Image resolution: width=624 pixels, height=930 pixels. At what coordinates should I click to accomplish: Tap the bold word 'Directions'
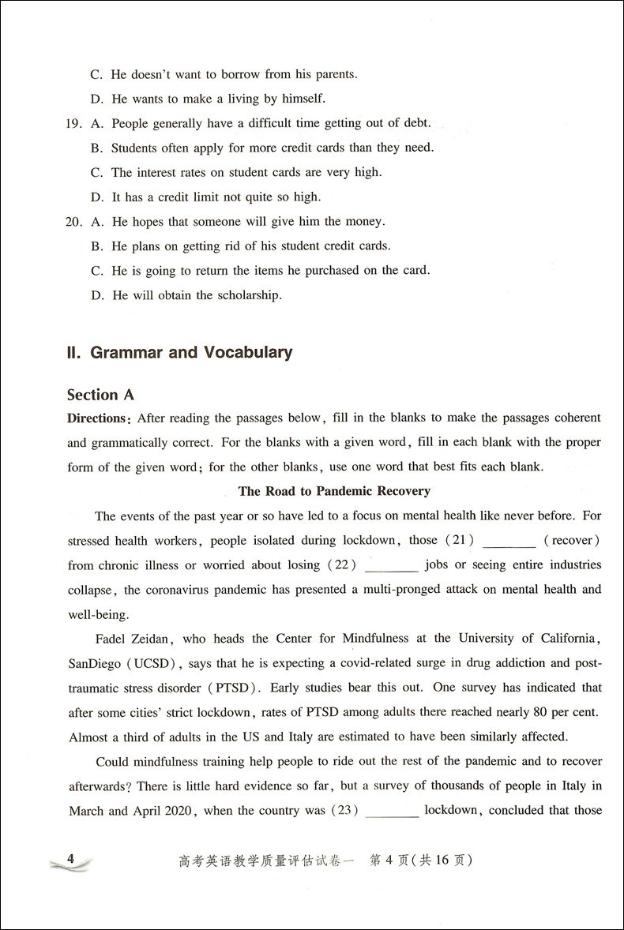click(96, 418)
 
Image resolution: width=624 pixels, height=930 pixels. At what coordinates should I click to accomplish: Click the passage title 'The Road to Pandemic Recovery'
click(334, 491)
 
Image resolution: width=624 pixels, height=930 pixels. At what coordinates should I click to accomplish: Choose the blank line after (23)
click(392, 812)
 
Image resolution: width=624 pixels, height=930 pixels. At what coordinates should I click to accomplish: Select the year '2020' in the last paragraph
click(179, 811)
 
